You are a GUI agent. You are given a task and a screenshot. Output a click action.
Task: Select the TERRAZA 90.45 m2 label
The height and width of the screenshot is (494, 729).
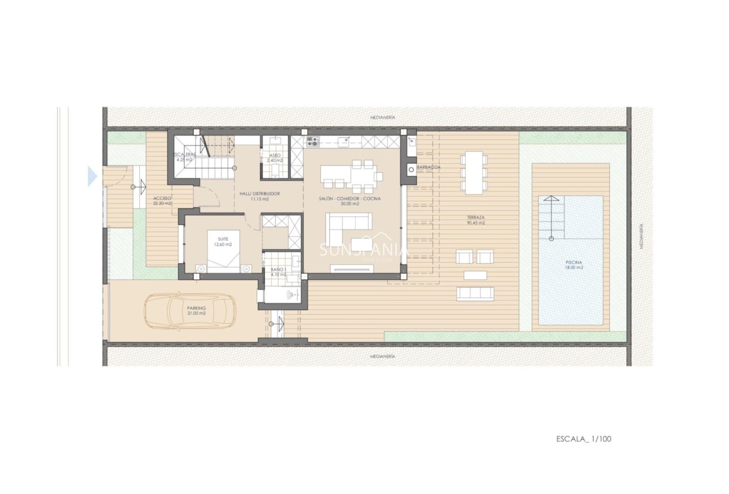point(476,220)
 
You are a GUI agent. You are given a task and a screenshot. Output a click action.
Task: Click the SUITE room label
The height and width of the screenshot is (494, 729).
point(223,241)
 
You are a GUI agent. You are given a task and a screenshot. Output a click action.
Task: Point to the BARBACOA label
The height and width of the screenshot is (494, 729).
point(429,166)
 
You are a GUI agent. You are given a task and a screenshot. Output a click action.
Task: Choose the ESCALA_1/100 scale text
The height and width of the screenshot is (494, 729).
point(584,439)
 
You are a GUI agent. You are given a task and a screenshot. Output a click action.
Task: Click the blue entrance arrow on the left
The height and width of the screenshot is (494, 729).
point(92,177)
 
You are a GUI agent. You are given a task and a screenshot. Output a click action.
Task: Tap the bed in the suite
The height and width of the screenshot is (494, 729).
point(224,253)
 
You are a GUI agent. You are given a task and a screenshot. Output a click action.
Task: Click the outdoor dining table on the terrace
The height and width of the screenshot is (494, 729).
point(474,172)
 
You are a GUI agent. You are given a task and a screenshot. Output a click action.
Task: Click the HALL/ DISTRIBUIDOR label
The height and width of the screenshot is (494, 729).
point(260,196)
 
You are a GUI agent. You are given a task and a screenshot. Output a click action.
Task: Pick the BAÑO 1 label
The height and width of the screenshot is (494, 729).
point(278,272)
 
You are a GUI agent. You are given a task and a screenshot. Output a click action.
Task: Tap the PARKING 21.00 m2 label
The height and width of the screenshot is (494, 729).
point(196,310)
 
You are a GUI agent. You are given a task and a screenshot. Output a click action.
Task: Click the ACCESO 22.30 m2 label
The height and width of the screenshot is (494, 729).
point(162,200)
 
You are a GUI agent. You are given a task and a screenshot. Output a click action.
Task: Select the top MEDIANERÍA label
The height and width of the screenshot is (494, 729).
point(383,118)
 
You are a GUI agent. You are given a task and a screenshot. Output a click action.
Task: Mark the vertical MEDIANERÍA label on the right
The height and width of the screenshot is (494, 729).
point(641,236)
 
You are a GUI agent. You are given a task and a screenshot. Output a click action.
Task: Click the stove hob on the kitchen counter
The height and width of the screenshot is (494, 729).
point(313,141)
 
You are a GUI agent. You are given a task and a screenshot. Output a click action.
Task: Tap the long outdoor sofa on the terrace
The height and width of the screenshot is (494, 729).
point(475,294)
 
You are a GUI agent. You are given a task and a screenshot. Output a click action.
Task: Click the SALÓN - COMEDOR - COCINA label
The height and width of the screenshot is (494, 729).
point(350,200)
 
